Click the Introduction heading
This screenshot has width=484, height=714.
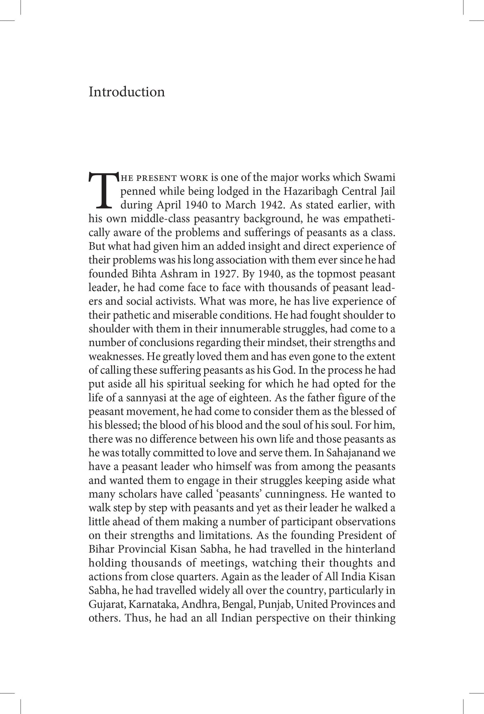pyautogui.click(x=126, y=92)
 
